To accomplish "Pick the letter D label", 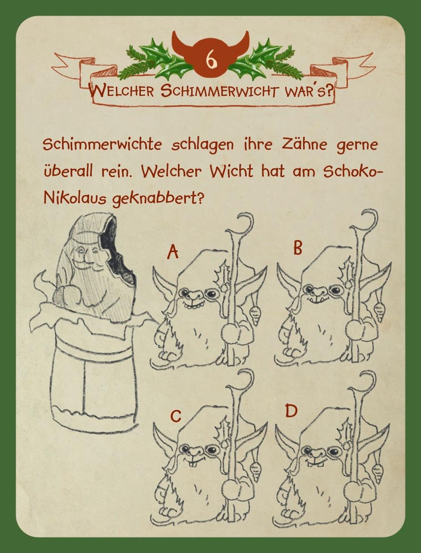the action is [291, 411].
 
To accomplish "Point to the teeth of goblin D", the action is [315, 462].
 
